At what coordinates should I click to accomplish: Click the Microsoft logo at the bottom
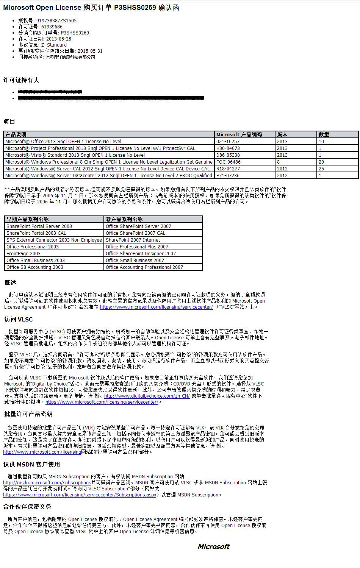(213, 546)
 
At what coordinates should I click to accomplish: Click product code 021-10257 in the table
(228, 142)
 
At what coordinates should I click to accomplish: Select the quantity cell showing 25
(321, 169)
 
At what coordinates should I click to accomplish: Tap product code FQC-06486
(229, 162)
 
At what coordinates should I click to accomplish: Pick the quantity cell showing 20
(321, 162)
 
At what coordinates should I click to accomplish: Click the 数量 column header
(324, 134)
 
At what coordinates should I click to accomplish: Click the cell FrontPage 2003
(23, 254)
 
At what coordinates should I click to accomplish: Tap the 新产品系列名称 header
(124, 219)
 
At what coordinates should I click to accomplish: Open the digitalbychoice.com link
(147, 396)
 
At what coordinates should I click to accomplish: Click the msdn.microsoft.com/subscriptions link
(47, 483)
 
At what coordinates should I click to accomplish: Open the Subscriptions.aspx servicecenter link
(80, 495)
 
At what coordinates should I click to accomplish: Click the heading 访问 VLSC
(19, 319)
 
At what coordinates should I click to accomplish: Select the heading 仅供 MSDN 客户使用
(32, 465)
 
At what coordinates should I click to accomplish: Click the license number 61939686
(52, 27)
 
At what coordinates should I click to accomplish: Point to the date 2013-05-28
(58, 39)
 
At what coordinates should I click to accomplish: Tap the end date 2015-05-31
(90, 51)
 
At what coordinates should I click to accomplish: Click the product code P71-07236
(228, 176)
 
